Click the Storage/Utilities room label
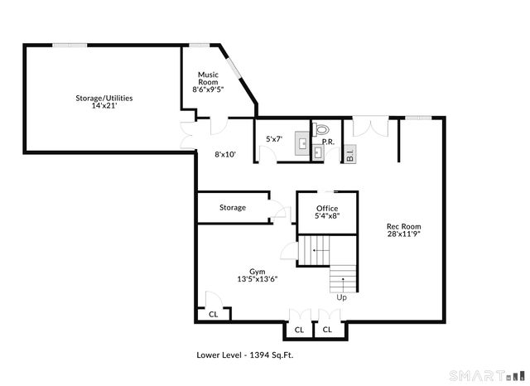click(104, 98)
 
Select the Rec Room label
click(404, 226)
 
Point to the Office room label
click(327, 208)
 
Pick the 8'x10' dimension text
click(225, 154)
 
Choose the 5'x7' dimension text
click(275, 138)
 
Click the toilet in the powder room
click(322, 128)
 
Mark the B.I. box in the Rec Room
click(349, 154)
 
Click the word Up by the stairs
click(341, 297)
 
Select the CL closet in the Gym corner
click(213, 314)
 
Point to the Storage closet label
click(233, 207)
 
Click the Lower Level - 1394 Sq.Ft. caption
click(244, 355)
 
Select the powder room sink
click(319, 154)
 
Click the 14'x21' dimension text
click(104, 105)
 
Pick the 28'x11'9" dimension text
click(404, 234)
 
